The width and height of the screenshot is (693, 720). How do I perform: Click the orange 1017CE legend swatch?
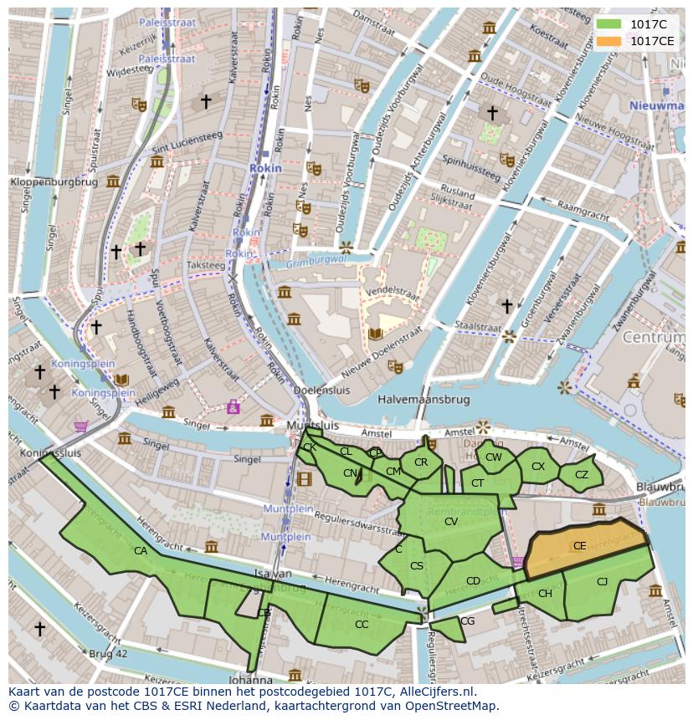pyautogui.click(x=608, y=41)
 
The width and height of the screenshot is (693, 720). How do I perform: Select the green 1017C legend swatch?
pyautogui.click(x=608, y=24)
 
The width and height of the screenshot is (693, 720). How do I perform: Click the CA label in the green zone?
pyautogui.click(x=141, y=551)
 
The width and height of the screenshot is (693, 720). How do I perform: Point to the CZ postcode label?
pyautogui.click(x=582, y=475)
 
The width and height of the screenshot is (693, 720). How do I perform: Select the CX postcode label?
pyautogui.click(x=538, y=467)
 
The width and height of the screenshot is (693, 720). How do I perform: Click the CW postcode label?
pyautogui.click(x=494, y=457)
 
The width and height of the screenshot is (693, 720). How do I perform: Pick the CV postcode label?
pyautogui.click(x=451, y=522)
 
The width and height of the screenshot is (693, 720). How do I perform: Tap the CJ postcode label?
pyautogui.click(x=602, y=582)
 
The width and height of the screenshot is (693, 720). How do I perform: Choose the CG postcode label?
pyautogui.click(x=468, y=621)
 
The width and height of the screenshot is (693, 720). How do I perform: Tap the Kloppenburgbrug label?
pyautogui.click(x=54, y=181)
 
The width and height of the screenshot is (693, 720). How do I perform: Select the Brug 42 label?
pyautogui.click(x=109, y=653)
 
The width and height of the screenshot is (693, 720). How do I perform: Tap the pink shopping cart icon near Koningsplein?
pyautogui.click(x=81, y=426)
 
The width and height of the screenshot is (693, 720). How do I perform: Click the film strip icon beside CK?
pyautogui.click(x=303, y=479)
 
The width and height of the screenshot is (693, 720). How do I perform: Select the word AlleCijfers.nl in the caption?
pyautogui.click(x=434, y=692)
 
